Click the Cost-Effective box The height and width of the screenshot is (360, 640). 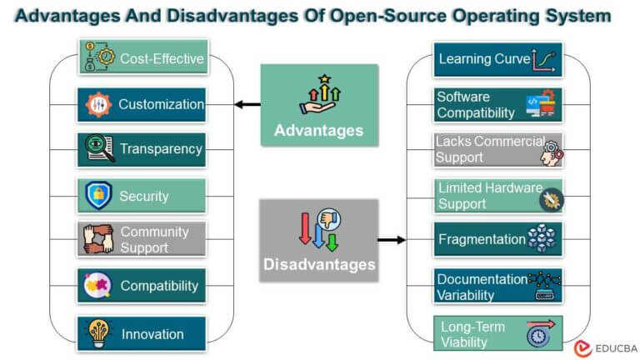(143, 57)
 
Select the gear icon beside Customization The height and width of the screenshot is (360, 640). (98, 104)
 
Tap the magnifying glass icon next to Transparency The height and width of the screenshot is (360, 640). (100, 148)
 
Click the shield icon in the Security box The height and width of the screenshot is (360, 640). (98, 196)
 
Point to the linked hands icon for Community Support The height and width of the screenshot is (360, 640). (98, 239)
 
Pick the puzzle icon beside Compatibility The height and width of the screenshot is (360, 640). (97, 285)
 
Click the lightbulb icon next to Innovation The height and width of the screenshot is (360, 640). (98, 333)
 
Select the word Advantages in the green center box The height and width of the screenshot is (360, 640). (319, 131)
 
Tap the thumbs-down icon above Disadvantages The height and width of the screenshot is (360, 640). (328, 219)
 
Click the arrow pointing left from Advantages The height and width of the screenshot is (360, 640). (247, 104)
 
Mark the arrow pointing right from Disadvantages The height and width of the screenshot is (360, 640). (392, 240)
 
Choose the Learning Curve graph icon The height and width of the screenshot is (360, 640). (543, 60)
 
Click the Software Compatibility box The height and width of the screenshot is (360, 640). (498, 105)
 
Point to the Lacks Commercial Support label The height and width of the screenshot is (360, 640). (490, 149)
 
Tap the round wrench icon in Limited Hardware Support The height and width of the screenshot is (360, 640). (552, 200)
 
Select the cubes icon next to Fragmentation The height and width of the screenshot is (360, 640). (542, 238)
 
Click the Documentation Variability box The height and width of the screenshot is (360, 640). (498, 286)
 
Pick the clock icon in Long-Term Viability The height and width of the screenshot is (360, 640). (538, 336)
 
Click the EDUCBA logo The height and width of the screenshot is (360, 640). (606, 348)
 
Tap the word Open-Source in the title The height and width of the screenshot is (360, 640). (387, 16)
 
